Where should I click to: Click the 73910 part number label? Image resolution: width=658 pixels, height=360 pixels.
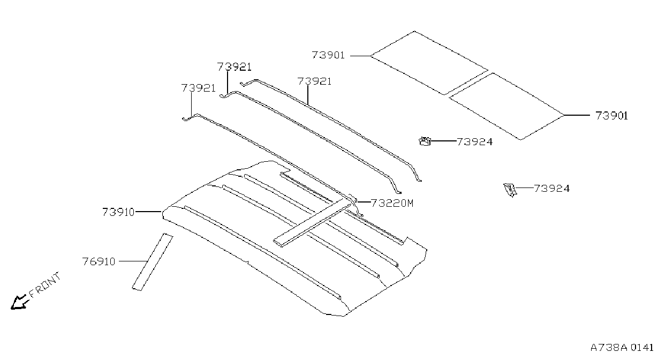tap(118, 212)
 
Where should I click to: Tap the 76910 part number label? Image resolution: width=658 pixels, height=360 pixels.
tap(99, 261)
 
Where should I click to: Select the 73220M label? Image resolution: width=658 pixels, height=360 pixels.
tap(392, 203)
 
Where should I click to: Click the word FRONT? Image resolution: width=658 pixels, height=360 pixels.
tap(45, 284)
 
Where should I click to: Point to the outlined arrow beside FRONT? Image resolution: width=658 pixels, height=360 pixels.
tap(19, 302)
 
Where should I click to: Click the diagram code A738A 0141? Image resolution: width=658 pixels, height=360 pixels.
tap(622, 348)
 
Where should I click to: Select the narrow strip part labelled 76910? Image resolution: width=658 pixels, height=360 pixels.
tap(152, 261)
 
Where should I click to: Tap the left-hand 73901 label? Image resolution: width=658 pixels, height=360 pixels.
tap(328, 55)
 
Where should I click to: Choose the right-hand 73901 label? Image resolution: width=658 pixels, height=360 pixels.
tap(611, 116)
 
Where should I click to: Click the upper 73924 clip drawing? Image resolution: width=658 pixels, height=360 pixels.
tap(425, 141)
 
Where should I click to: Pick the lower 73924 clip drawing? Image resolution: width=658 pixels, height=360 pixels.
tap(510, 190)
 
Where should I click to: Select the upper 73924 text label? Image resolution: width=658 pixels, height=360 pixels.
tap(475, 142)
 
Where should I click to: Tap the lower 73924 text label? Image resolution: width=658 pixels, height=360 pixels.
tap(551, 189)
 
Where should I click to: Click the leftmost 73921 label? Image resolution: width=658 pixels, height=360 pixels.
tap(198, 88)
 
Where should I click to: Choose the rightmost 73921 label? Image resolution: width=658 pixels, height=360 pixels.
tap(314, 81)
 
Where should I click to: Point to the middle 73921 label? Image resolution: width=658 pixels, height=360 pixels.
tap(234, 67)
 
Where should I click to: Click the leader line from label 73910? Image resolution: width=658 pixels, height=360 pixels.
tap(148, 211)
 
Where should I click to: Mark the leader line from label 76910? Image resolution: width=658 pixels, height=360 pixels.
tap(133, 261)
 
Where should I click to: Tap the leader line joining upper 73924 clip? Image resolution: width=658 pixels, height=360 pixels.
tap(443, 141)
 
